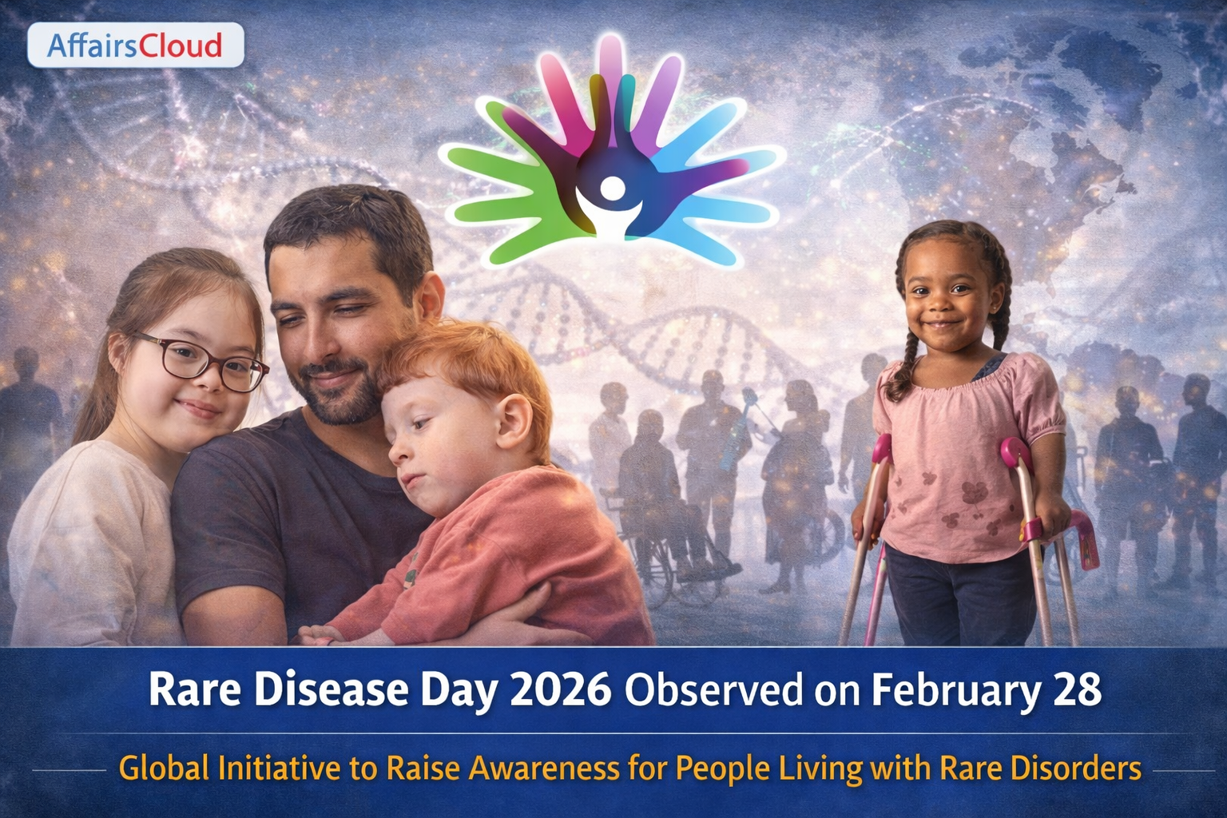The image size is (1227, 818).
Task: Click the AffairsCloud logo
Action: coord(135,45)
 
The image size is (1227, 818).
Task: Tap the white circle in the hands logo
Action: coord(613,188)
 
